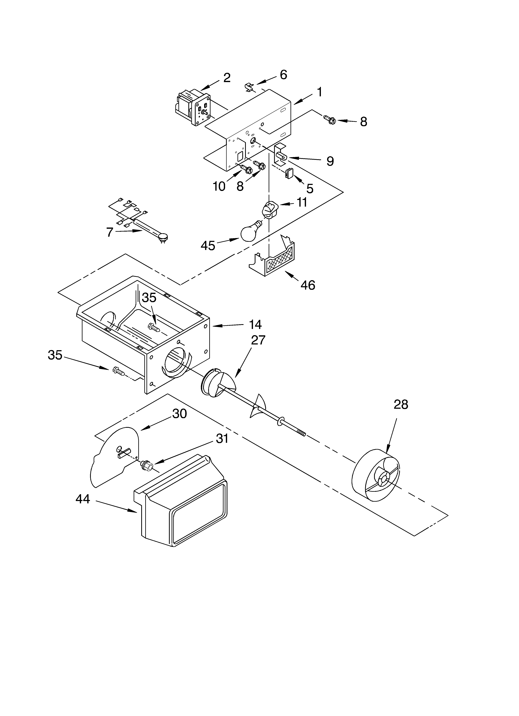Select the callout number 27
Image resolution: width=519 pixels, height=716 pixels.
[x=258, y=340]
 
